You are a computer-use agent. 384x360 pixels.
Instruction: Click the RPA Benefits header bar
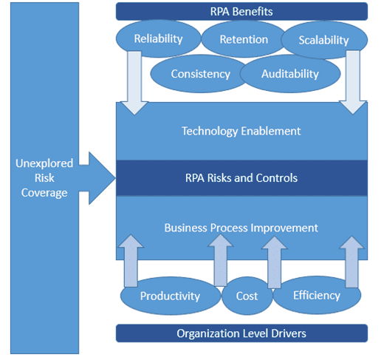coord(241,11)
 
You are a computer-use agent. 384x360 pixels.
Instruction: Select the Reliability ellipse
coord(159,38)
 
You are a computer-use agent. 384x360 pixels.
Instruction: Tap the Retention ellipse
coord(244,39)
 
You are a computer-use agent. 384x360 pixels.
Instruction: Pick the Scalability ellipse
coord(324,40)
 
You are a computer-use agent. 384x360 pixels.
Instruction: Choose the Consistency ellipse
coord(200,74)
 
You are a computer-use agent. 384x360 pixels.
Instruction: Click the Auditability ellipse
coord(290,74)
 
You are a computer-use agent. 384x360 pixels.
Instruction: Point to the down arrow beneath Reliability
coord(134,83)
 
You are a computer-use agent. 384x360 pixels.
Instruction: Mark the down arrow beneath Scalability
coord(353,82)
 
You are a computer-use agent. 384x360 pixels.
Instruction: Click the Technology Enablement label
coord(241,131)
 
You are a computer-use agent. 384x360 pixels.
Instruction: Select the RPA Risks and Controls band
coord(241,178)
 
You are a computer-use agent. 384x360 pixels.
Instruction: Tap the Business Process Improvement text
coord(241,228)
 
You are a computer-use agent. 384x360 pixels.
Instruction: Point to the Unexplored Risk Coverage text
coord(44,178)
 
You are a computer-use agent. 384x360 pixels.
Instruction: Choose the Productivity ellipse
coord(171,296)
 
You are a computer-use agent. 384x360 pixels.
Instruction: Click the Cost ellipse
coord(247,296)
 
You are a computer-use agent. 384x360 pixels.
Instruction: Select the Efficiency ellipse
coord(317,295)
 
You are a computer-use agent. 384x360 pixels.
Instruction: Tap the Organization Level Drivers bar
coord(241,333)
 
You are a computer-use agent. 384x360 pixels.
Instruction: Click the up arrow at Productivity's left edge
coord(131,261)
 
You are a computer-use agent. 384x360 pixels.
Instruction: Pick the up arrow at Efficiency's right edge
coord(352,262)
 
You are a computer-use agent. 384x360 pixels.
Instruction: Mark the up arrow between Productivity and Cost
coord(221,260)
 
